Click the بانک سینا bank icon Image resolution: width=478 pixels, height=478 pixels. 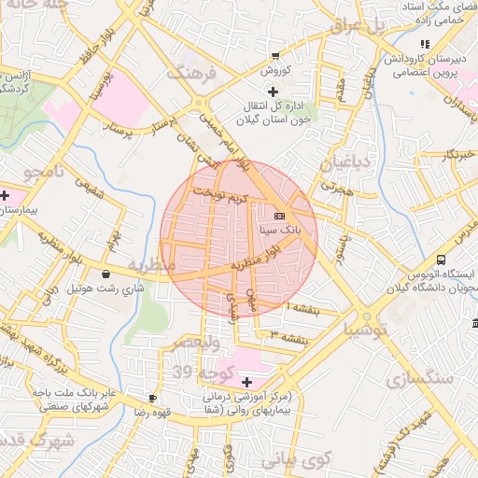point(280,216)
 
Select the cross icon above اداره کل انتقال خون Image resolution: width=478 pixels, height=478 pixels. point(273,91)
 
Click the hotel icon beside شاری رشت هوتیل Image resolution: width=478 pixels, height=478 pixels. point(105,274)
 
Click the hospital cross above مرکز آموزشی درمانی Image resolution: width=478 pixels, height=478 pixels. point(246,382)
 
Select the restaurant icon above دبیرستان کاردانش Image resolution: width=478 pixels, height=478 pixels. point(424,43)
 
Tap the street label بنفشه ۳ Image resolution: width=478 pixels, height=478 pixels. point(288,333)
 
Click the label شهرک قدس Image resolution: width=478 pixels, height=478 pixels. point(37,440)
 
